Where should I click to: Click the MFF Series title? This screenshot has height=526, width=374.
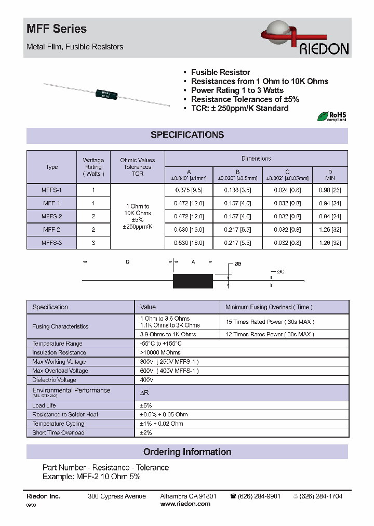(x=57, y=30)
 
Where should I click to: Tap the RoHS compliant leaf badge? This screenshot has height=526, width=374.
(x=331, y=116)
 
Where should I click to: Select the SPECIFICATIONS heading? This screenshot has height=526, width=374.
(x=187, y=135)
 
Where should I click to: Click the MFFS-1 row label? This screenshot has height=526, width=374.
(x=51, y=190)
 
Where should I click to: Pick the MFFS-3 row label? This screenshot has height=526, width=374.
(x=51, y=242)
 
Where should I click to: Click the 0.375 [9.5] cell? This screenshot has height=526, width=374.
(x=189, y=190)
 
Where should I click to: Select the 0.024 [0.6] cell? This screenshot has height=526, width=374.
(x=287, y=190)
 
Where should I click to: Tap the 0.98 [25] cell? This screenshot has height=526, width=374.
(x=330, y=190)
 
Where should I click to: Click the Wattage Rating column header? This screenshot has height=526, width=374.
(x=94, y=167)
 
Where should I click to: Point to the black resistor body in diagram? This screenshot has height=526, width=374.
(x=193, y=281)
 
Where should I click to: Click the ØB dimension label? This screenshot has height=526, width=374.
(x=238, y=264)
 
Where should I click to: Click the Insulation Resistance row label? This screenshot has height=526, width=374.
(x=59, y=352)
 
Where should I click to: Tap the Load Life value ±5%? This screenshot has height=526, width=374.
(x=145, y=405)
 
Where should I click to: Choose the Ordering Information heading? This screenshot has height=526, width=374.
(x=187, y=452)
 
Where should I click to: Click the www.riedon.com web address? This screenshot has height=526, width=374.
(x=185, y=504)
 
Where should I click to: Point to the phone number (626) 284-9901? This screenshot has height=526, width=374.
(x=259, y=496)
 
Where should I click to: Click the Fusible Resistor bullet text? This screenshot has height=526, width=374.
(x=220, y=72)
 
